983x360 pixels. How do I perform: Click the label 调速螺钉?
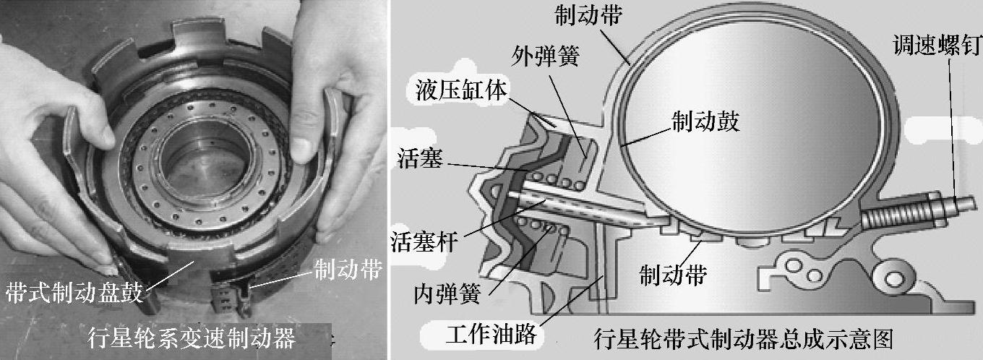937,45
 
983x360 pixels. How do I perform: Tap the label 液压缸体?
461,91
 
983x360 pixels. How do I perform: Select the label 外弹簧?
546,56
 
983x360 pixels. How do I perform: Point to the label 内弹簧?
447,293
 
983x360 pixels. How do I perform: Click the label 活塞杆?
424,241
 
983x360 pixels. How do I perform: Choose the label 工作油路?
491,335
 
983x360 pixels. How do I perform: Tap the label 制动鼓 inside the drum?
706,121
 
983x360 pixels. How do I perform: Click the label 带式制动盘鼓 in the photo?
74,292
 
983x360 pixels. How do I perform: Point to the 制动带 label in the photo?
348,269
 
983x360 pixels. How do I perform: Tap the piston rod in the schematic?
584,205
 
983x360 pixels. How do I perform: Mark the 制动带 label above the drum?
588,15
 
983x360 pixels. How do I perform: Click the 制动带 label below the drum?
674,275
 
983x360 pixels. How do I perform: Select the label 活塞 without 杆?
420,158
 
